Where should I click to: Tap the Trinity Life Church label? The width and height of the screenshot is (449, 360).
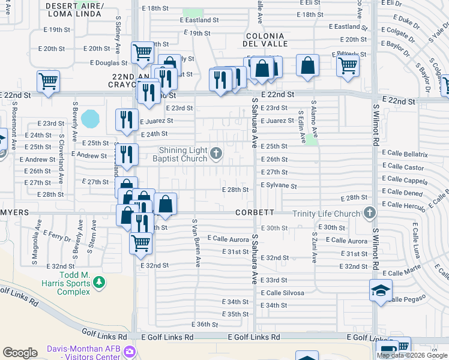327,214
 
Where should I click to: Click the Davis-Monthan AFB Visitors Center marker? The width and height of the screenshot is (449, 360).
130,351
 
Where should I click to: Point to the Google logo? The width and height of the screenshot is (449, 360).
20,353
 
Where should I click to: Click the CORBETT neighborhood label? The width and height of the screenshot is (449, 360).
255,212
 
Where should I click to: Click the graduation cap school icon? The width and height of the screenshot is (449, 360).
381,291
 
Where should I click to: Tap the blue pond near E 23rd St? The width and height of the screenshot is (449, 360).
90,118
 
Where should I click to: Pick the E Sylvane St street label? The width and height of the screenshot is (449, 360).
279,187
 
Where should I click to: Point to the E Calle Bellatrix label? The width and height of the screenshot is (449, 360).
405,154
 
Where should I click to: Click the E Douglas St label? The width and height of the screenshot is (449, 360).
109,62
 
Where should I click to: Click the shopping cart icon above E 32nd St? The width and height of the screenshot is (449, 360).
141,243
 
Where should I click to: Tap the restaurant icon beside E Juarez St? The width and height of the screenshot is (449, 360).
127,119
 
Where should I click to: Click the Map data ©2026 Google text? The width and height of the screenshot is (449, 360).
412,355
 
